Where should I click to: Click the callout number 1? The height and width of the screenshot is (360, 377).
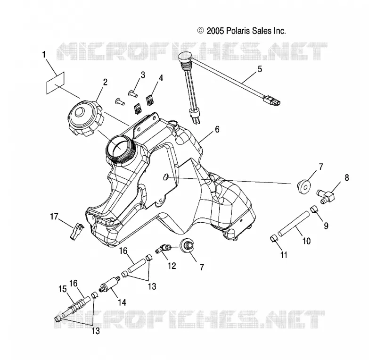(44, 54)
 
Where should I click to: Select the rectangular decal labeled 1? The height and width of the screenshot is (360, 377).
(55, 83)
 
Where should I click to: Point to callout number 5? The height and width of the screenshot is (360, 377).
(260, 69)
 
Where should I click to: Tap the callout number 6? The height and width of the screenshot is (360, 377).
(217, 129)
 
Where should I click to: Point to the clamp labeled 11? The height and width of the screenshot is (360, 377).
(273, 239)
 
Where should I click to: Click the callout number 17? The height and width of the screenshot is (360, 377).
(54, 217)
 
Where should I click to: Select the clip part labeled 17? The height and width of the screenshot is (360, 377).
(76, 231)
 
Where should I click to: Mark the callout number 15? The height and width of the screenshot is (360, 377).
(63, 289)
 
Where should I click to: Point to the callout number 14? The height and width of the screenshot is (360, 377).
(122, 302)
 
